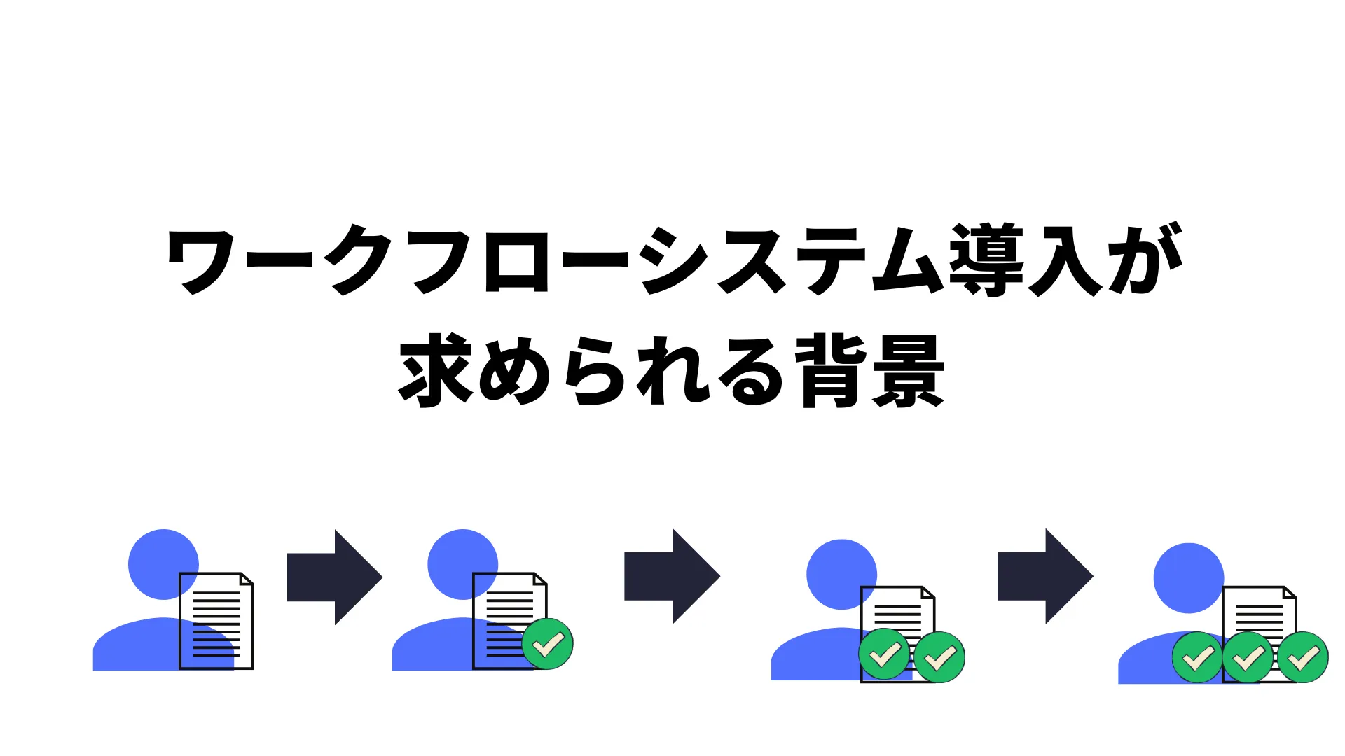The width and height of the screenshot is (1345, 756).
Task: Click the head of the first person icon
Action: (163, 564)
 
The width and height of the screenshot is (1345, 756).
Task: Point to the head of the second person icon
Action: (462, 564)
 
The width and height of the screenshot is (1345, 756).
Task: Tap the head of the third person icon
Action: (841, 574)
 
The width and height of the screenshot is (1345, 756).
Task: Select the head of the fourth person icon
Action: (1189, 578)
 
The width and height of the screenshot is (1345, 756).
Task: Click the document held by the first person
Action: (216, 621)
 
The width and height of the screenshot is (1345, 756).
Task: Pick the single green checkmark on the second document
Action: (548, 644)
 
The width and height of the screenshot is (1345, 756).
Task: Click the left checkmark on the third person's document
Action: (885, 654)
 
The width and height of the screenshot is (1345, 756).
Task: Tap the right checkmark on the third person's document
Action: (939, 657)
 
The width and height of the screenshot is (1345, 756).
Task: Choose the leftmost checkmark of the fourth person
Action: (1198, 657)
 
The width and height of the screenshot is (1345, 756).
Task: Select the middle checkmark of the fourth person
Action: (1248, 657)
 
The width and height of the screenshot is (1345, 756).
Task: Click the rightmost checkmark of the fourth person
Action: (1303, 657)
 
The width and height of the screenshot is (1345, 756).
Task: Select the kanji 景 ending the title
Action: (909, 370)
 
